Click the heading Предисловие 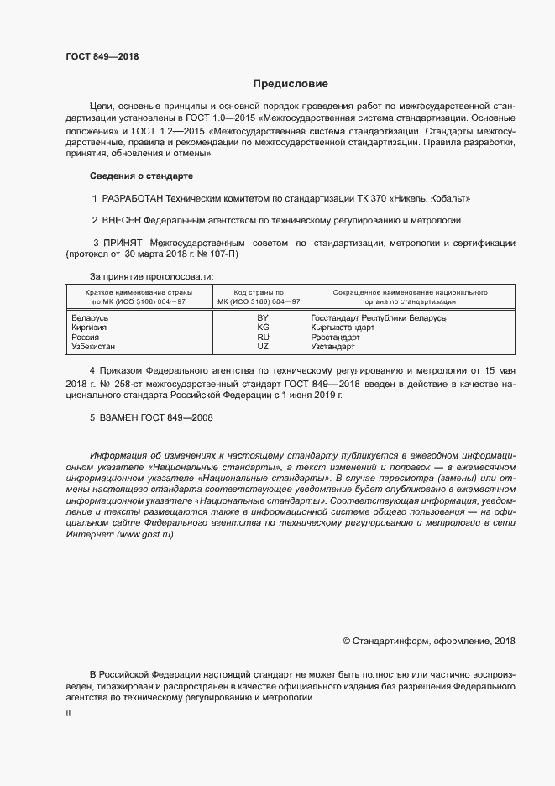[291, 84]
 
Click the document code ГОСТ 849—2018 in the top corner [102, 57]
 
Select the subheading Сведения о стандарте [141, 176]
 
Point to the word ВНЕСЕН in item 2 [121, 221]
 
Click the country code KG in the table [262, 327]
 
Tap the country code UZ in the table [262, 346]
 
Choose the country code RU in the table [262, 337]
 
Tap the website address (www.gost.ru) [144, 535]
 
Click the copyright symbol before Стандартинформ [347, 642]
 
